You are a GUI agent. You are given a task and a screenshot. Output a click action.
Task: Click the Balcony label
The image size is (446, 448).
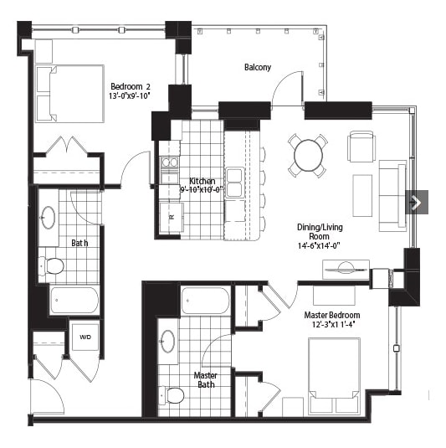click(258, 68)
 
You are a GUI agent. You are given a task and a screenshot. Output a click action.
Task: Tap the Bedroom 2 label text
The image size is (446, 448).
click(131, 86)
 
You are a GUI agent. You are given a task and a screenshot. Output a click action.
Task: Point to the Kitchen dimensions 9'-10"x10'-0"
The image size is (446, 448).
click(202, 190)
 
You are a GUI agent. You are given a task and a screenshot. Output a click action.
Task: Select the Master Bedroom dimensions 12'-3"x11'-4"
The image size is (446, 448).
click(333, 324)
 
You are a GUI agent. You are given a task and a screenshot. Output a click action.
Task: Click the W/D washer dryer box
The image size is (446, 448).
click(85, 337)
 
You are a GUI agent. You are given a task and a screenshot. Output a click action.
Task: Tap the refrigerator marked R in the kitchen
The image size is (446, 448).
click(172, 217)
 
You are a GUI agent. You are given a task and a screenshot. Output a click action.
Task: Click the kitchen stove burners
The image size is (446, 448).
click(170, 162)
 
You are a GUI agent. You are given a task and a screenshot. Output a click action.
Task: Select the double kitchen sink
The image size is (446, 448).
click(234, 183)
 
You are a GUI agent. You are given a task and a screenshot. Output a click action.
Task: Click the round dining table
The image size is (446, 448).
click(308, 156)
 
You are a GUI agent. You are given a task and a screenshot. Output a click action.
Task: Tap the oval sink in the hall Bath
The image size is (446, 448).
click(49, 218)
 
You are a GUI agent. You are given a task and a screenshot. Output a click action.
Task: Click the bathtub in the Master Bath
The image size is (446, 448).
click(205, 301)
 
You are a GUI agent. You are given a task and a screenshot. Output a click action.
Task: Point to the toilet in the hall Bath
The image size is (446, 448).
click(51, 265)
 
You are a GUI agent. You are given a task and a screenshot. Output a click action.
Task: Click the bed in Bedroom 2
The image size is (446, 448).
click(69, 94)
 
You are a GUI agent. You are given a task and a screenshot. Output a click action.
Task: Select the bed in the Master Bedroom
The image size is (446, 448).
click(334, 376)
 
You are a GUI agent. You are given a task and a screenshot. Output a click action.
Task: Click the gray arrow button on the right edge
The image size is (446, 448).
click(417, 202)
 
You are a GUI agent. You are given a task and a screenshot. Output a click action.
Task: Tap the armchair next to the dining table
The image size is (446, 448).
click(361, 147)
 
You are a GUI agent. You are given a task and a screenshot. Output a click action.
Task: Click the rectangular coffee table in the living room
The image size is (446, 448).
click(362, 196)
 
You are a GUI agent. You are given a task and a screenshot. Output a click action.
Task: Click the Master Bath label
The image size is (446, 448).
click(206, 380)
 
